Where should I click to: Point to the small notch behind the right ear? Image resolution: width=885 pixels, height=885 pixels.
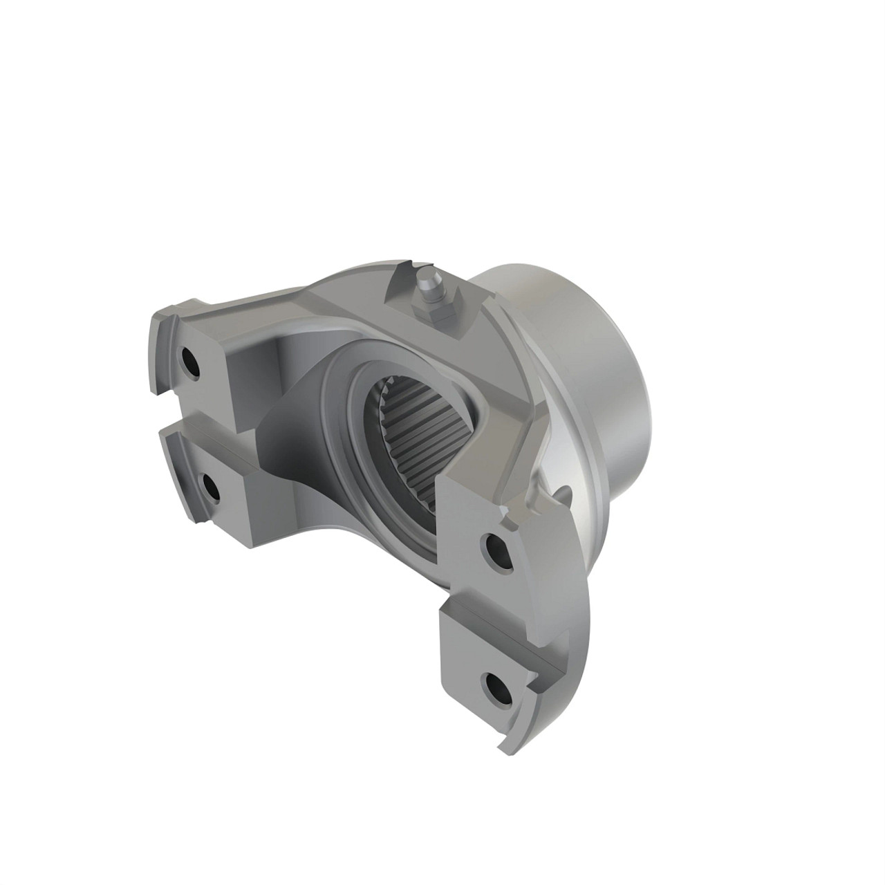pyautogui.click(x=563, y=492)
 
